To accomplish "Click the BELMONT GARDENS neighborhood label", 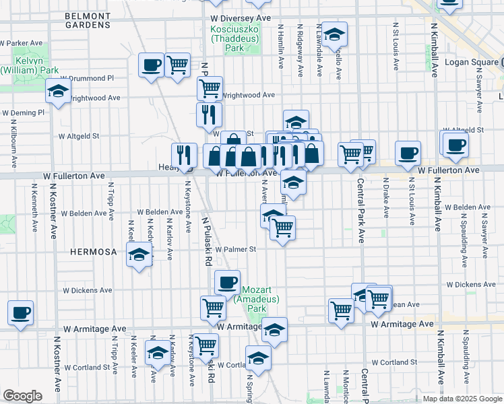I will (88, 20).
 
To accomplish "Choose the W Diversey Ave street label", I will (240, 19).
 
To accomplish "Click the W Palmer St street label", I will (236, 249).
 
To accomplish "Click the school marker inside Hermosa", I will (139, 255).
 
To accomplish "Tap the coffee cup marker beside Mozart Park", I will (228, 281).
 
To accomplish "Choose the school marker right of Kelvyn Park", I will (59, 90).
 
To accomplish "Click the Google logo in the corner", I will (22, 396).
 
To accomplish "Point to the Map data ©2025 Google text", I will (462, 399).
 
